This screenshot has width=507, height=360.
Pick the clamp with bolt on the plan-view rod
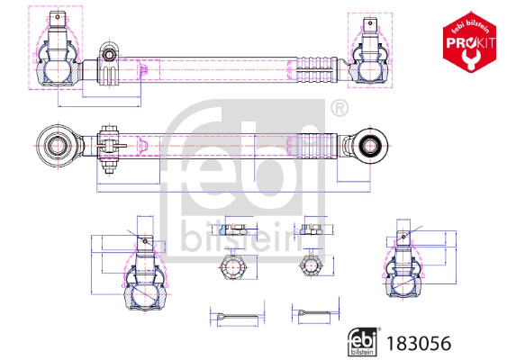click(109, 145)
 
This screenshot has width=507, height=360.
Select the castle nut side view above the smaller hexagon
click(312, 228)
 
